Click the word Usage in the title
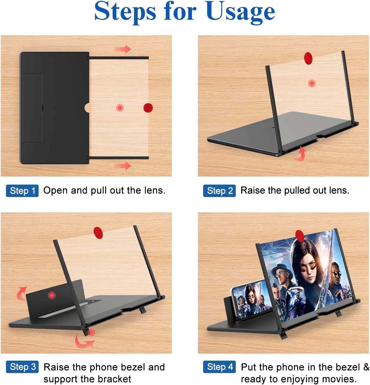(x=240, y=12)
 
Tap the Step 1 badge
(x=22, y=191)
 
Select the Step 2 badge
(x=219, y=191)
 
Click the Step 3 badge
(x=22, y=367)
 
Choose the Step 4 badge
(x=219, y=367)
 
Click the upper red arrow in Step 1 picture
(x=123, y=49)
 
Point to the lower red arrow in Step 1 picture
(x=123, y=165)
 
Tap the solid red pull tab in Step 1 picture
(x=148, y=108)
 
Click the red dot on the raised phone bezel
(x=52, y=295)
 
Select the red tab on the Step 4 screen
(x=299, y=235)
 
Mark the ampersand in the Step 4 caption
(x=366, y=367)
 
